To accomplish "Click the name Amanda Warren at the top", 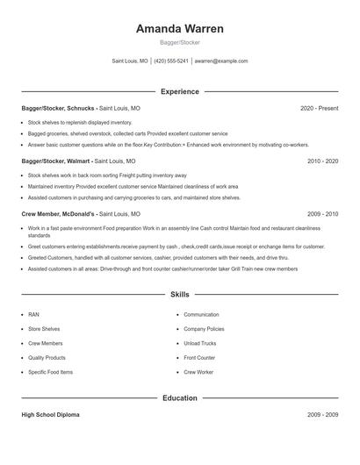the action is point(179,29).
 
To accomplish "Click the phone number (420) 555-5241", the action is point(172,61).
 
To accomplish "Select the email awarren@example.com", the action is point(220,61).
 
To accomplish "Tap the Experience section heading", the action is point(179,91).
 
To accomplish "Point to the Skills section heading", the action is point(179,295).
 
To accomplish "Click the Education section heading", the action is point(179,397).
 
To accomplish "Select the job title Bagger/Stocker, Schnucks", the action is point(58,108).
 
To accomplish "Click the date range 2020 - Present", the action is point(319,108).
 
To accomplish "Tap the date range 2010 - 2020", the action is point(322,161).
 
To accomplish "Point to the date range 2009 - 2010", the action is point(322,214).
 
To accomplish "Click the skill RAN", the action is point(33,314).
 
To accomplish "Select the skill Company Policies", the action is point(204,329).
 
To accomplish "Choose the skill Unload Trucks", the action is point(200,343).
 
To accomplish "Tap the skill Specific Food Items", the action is point(50,372).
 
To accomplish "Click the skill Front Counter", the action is point(199,358).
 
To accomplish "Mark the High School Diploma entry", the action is point(50,414).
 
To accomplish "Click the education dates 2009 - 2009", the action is point(322,414).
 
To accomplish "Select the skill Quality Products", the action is point(47,358).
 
